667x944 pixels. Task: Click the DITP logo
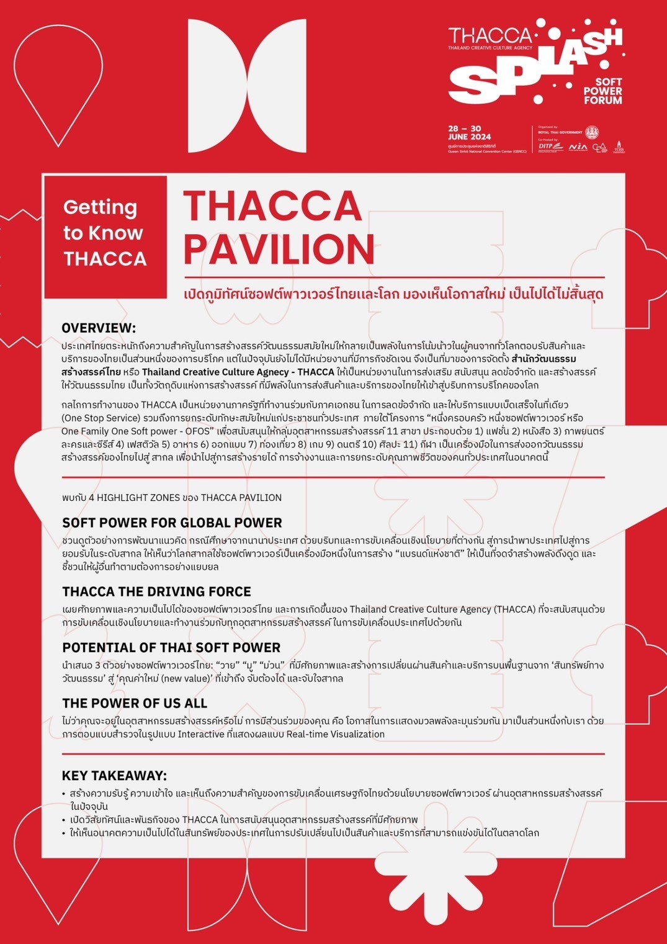coord(550,147)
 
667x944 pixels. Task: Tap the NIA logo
coord(578,147)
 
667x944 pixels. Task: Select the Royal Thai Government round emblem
coord(592,132)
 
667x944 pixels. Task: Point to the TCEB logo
coord(619,147)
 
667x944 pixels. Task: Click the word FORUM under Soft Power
coord(602,100)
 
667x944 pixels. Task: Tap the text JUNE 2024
coord(469,137)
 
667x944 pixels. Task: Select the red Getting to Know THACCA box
coord(105,233)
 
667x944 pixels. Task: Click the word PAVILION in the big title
coord(279,249)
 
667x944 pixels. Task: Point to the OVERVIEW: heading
coord(99,328)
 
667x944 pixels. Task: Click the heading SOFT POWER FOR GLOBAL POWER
coord(172,523)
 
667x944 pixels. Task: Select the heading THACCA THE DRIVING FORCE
coord(156,591)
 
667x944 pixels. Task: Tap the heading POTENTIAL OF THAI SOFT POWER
coord(171,647)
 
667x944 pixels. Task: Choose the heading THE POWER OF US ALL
coord(135,703)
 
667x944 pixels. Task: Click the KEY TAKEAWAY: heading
coord(114,775)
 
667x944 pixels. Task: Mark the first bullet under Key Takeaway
coord(64,794)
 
